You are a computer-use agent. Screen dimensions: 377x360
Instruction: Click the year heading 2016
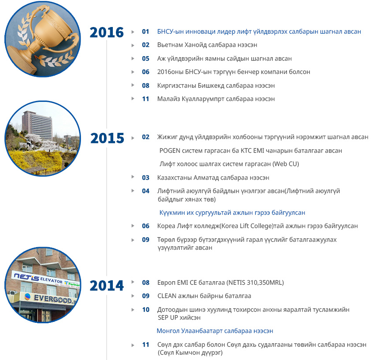pyautogui.click(x=107, y=32)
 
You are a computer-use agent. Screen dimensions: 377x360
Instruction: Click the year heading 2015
pyautogui.click(x=107, y=138)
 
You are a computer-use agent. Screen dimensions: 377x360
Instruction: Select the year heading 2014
pyautogui.click(x=107, y=286)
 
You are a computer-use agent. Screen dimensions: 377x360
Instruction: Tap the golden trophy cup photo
pyautogui.click(x=43, y=39)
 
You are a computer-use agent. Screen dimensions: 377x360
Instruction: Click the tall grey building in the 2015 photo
pyautogui.click(x=37, y=125)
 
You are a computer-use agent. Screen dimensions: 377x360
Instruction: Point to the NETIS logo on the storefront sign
pyautogui.click(x=27, y=278)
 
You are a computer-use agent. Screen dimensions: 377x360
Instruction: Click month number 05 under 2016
pyautogui.click(x=146, y=58)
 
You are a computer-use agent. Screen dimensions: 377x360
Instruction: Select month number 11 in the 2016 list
pyautogui.click(x=146, y=99)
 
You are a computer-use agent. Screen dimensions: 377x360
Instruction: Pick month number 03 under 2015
pyautogui.click(x=146, y=178)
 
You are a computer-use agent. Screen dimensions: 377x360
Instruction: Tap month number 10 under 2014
pyautogui.click(x=146, y=310)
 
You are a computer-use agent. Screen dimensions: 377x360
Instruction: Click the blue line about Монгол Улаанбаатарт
pyautogui.click(x=215, y=331)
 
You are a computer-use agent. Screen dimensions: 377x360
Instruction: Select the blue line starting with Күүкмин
pyautogui.click(x=232, y=213)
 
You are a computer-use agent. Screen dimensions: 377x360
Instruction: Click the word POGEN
pyautogui.click(x=170, y=151)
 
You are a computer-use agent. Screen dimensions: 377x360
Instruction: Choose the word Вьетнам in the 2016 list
pyautogui.click(x=170, y=45)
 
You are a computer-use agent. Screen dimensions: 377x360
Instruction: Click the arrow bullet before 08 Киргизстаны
pyautogui.click(x=133, y=85)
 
